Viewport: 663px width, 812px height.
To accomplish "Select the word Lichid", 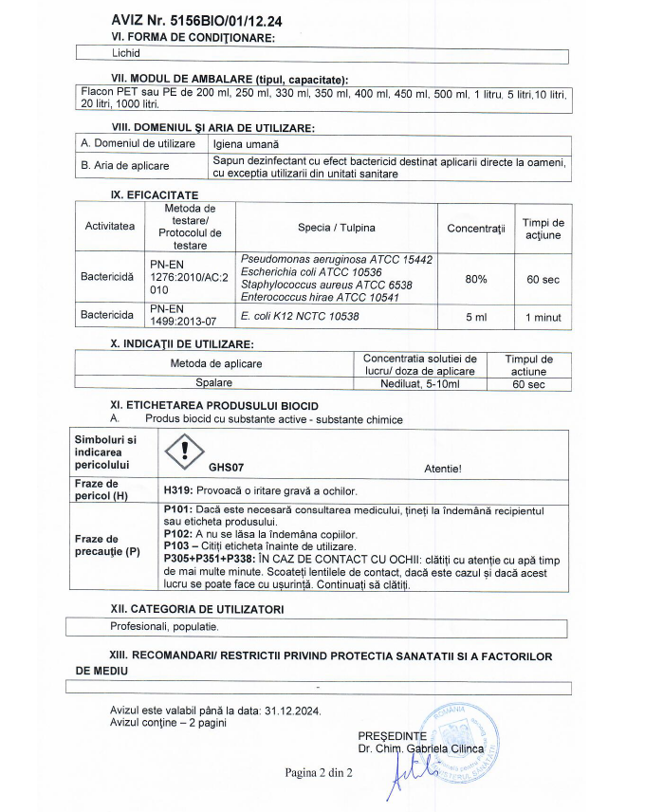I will [127, 53].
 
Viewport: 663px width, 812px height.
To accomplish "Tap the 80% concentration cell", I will [476, 279].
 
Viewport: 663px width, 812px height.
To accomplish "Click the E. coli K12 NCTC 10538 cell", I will [301, 316].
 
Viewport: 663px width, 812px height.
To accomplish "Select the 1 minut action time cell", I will [543, 316].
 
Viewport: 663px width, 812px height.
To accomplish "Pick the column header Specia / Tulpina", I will [337, 228].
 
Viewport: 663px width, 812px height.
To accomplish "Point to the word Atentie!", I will [443, 468].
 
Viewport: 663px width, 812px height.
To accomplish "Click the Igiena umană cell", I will [247, 144].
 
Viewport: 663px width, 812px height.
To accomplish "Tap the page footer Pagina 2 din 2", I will [319, 772].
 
